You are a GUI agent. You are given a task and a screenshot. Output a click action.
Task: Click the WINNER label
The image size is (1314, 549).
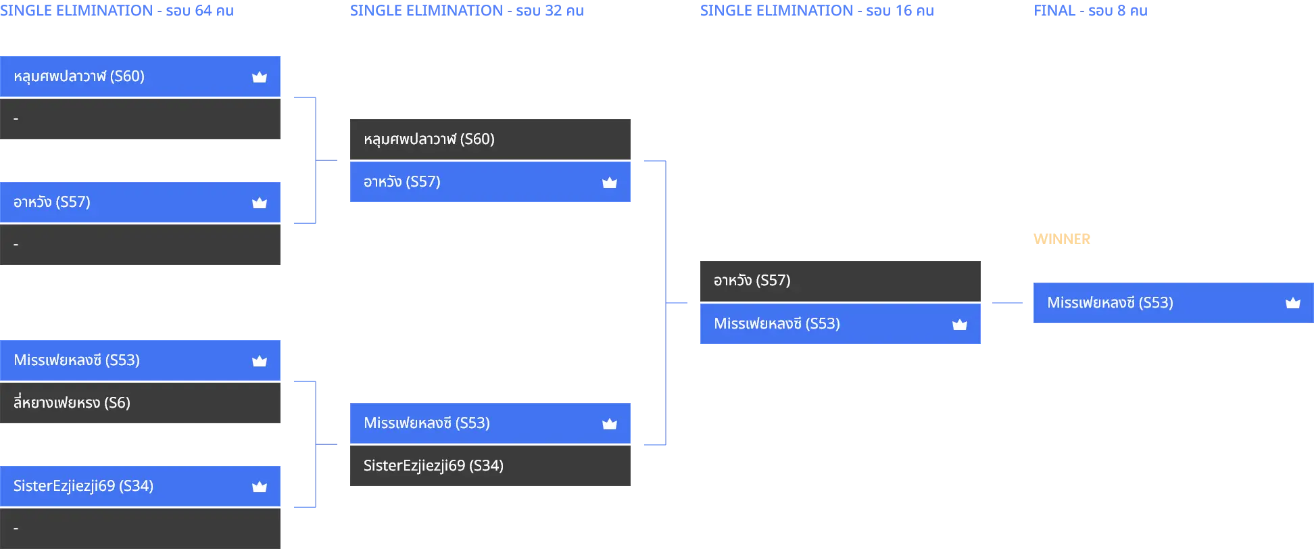[1061, 239]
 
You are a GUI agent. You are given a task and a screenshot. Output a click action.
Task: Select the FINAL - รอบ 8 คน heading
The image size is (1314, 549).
[1090, 11]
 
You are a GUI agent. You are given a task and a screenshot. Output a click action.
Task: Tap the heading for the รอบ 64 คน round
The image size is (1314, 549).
[117, 11]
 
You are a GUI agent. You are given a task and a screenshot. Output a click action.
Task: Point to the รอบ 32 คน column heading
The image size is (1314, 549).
[467, 11]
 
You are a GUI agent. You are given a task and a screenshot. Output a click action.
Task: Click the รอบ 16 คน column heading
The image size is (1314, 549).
[817, 11]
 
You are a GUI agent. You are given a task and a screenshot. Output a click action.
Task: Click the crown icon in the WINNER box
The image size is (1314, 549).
[1292, 303]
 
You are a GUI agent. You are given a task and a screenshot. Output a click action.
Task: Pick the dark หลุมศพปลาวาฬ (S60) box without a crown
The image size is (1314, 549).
[490, 139]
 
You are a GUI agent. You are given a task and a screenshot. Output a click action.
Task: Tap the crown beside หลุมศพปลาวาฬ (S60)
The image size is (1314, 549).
[260, 77]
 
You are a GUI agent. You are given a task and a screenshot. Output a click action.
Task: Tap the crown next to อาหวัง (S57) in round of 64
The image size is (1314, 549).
[260, 203]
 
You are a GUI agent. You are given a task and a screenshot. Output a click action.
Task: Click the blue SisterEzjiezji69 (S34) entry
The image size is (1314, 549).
[140, 486]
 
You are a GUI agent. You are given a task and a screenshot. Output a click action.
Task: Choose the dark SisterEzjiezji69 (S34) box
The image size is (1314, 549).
[490, 466]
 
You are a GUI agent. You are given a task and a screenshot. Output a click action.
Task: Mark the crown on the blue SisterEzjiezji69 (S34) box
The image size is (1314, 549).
[260, 487]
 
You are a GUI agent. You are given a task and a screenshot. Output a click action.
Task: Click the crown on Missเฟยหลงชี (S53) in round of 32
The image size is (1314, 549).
[610, 424]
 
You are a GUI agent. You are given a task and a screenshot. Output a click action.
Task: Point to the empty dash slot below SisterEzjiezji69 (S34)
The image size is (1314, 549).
[140, 529]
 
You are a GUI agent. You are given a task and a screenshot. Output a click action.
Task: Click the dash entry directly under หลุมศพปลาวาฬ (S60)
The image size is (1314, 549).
[140, 119]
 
